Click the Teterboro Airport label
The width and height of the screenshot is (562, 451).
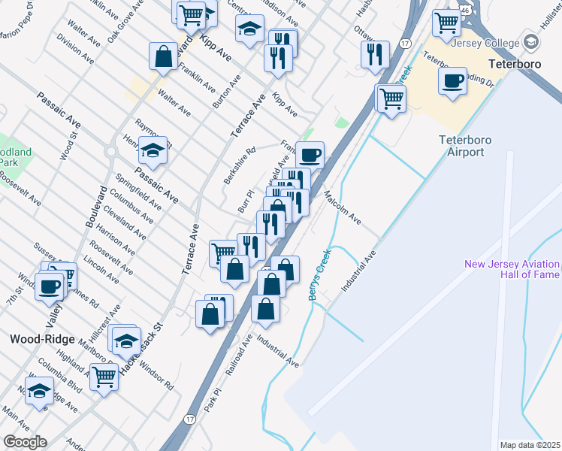[461, 146]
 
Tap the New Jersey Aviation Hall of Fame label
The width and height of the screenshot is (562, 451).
[512, 269]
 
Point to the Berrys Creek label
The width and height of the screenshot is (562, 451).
[319, 275]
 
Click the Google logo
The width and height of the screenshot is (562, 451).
[25, 442]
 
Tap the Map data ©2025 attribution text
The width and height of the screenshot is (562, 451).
[530, 445]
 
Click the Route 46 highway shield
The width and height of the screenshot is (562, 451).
[466, 10]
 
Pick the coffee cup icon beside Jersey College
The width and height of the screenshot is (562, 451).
[453, 81]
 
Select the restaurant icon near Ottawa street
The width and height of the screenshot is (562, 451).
[373, 53]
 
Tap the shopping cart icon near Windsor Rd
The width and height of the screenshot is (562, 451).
[104, 377]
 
